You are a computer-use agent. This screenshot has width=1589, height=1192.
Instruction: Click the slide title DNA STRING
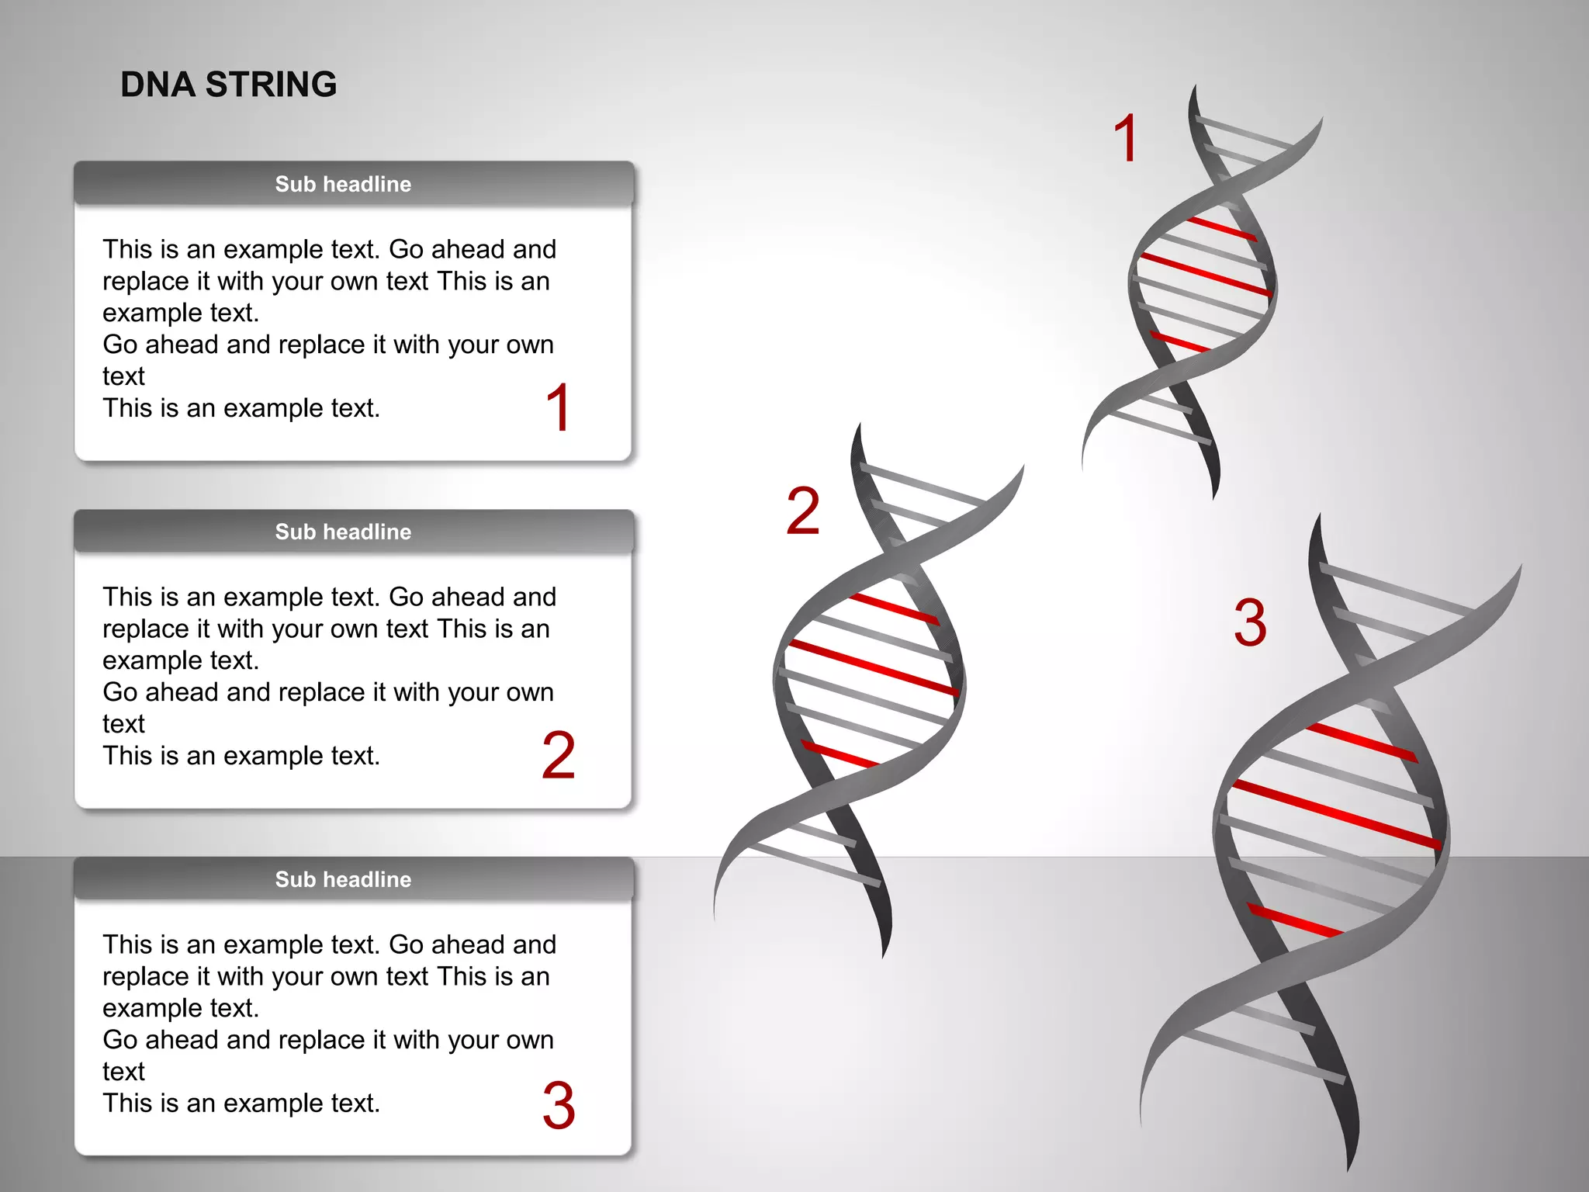click(x=228, y=85)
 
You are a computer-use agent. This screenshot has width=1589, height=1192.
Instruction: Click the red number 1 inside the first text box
click(x=559, y=407)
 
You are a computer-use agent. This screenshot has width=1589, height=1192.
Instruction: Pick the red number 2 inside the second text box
click(x=559, y=755)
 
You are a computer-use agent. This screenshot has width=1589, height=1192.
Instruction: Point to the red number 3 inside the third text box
click(x=559, y=1104)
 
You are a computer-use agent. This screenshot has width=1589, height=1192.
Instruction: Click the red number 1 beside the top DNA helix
click(x=1125, y=138)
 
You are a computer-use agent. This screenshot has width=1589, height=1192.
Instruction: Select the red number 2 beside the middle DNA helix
click(x=803, y=511)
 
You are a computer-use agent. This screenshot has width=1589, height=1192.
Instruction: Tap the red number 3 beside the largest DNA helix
click(x=1250, y=622)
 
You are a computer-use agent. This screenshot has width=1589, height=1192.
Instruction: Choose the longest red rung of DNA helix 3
click(x=1336, y=814)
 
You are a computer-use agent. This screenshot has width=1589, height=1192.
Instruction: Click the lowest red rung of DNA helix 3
click(x=1294, y=920)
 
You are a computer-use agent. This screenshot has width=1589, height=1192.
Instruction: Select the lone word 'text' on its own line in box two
click(x=123, y=724)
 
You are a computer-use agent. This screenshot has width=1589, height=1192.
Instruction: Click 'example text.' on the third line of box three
click(x=180, y=1008)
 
